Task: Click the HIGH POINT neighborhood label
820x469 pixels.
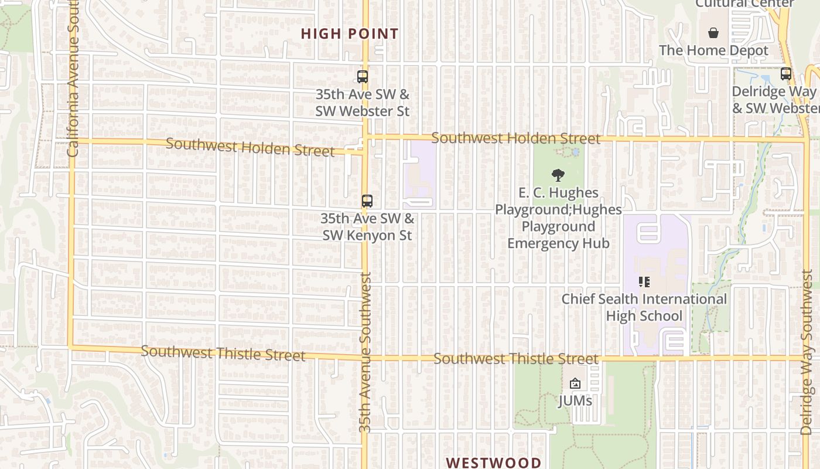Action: pyautogui.click(x=350, y=34)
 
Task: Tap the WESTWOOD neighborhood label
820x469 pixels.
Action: pyautogui.click(x=494, y=463)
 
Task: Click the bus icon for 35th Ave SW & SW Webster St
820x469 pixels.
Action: pyautogui.click(x=363, y=76)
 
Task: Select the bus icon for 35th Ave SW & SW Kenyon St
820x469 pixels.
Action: pyautogui.click(x=367, y=201)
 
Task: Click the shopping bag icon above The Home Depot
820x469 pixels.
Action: pyautogui.click(x=713, y=32)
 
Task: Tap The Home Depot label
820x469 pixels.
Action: pyautogui.click(x=713, y=50)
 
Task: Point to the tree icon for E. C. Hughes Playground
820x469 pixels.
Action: pyautogui.click(x=558, y=175)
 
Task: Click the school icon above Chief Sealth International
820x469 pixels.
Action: pyautogui.click(x=644, y=282)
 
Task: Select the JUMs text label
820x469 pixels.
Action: pyautogui.click(x=575, y=401)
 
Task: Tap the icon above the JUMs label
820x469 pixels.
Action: pyautogui.click(x=575, y=384)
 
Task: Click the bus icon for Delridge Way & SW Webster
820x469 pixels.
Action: pyautogui.click(x=786, y=74)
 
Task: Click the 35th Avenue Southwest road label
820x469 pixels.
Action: pyautogui.click(x=365, y=352)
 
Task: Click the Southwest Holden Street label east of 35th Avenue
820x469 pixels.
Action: pyautogui.click(x=516, y=138)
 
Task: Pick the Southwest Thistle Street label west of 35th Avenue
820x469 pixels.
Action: pyautogui.click(x=223, y=354)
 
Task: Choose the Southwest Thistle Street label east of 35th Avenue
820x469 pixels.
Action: pyautogui.click(x=516, y=358)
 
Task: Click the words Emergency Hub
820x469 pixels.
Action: pyautogui.click(x=558, y=243)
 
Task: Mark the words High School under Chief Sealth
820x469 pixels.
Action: pyautogui.click(x=644, y=316)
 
